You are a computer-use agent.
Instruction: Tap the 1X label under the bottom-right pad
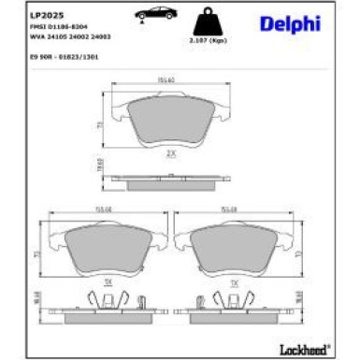click(x=234, y=281)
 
